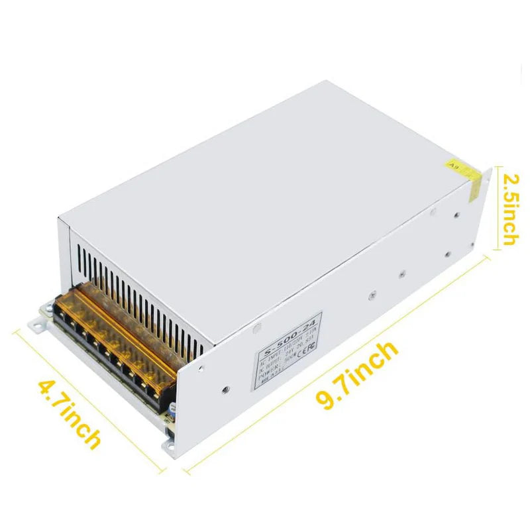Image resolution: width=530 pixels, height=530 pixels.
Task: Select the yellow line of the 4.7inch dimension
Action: pyautogui.click(x=93, y=397)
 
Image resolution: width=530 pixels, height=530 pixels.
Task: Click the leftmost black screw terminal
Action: pyautogui.click(x=63, y=321)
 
